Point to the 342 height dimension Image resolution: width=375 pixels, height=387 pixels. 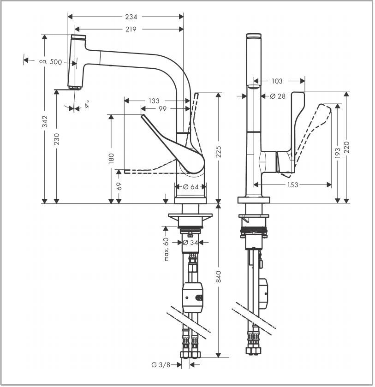coord(45,121)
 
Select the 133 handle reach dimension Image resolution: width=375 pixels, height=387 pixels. coord(154,101)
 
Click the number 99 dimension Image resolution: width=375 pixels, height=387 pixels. coord(162,109)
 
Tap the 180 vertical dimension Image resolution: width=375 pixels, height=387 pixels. coord(111,159)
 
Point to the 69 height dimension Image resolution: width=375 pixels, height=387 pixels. coord(119,186)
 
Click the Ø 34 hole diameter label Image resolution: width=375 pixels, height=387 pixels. coord(190,242)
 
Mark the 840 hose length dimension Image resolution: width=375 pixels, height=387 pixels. coord(219,277)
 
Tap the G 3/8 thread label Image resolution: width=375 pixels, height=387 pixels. coord(162,364)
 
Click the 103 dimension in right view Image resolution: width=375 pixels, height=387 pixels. coord(277,81)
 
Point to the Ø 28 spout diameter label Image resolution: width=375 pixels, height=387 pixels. coord(278,96)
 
